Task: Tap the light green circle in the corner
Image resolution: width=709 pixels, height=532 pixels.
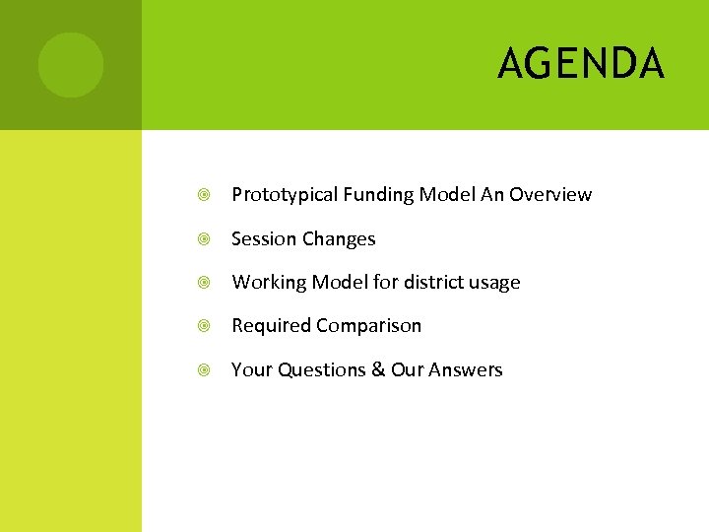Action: coord(70,65)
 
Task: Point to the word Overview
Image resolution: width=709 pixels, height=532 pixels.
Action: coord(550,195)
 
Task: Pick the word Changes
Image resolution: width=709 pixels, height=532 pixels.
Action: coord(339,239)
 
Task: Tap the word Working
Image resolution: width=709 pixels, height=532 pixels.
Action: coord(269,283)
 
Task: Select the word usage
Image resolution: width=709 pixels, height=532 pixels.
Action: coord(494,283)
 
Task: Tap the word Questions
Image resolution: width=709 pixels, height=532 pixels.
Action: coord(319,370)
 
